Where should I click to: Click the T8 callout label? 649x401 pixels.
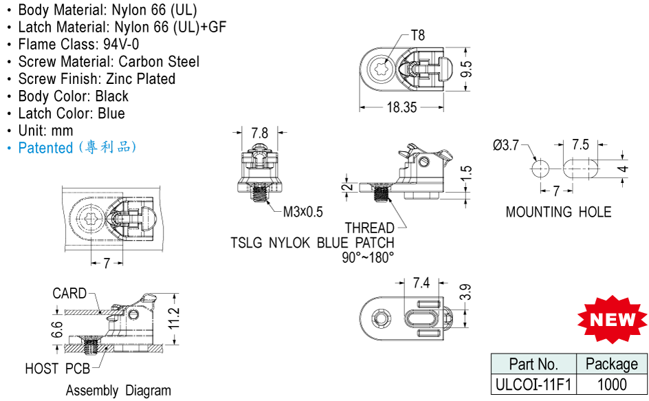tap(418, 35)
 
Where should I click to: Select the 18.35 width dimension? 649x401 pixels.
tap(401, 107)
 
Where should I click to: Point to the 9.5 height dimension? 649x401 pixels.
tap(466, 68)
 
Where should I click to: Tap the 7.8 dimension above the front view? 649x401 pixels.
tap(260, 133)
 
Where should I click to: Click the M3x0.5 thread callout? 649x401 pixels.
tap(302, 212)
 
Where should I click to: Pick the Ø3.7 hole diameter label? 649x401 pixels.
tap(506, 144)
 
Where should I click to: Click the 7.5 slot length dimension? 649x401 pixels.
tap(580, 144)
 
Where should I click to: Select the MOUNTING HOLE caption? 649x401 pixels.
tap(558, 212)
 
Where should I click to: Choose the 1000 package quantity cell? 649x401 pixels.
tap(612, 384)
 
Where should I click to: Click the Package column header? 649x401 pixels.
tap(612, 364)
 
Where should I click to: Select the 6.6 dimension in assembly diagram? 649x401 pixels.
tap(58, 329)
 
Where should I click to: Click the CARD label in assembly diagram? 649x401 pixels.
tap(69, 294)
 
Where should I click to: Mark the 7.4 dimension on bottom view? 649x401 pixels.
tap(421, 283)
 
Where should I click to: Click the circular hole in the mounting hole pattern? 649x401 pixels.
tap(540, 168)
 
